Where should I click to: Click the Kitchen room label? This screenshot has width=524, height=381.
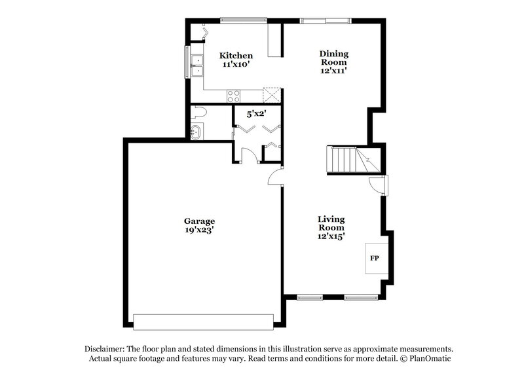[x=236, y=56]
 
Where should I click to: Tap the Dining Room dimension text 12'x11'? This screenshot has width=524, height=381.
[x=333, y=71]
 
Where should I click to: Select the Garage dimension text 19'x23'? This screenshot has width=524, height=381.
[x=199, y=231]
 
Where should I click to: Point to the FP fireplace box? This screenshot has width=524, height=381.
[x=375, y=259]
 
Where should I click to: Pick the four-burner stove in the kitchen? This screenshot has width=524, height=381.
[x=234, y=95]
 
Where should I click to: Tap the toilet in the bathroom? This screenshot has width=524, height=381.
[x=198, y=113]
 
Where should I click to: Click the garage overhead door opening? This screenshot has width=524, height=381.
[x=203, y=321]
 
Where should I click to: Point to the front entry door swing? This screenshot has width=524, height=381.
[x=378, y=186]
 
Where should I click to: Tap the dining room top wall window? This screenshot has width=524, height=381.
[x=325, y=20]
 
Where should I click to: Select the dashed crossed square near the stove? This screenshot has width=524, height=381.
[x=271, y=95]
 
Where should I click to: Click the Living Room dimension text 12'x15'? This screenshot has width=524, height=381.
[x=331, y=236]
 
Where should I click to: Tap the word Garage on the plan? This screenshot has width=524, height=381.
[x=199, y=221]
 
